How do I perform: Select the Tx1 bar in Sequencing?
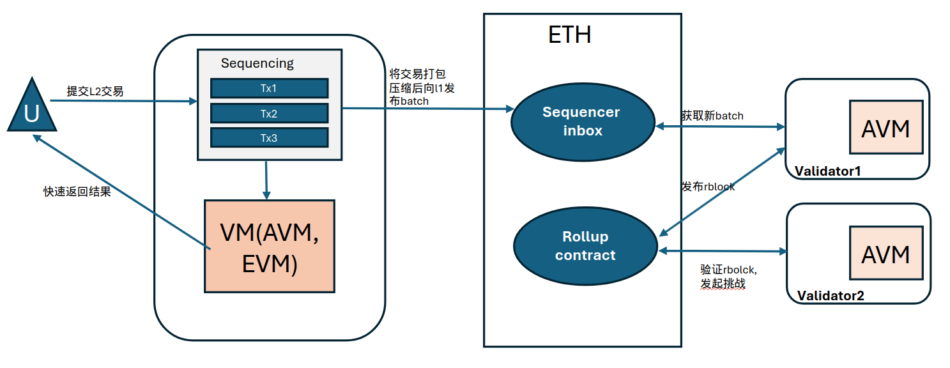click(x=269, y=88)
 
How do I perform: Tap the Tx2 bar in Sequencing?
click(x=269, y=113)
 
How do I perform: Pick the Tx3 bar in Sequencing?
click(x=269, y=137)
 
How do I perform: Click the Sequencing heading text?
click(x=257, y=63)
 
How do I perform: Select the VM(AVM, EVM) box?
click(x=270, y=246)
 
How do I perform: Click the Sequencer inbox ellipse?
click(x=582, y=121)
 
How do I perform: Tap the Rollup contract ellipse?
click(x=585, y=246)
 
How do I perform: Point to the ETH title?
click(x=569, y=34)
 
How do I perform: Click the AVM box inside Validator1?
click(x=885, y=127)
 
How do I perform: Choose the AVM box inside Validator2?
click(x=885, y=253)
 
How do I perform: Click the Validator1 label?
click(x=829, y=171)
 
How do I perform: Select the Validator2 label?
click(x=831, y=296)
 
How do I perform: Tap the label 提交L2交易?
click(x=95, y=91)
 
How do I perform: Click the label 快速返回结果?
click(x=77, y=192)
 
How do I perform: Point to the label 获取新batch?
click(x=712, y=116)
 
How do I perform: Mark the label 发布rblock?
click(x=708, y=187)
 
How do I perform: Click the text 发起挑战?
click(x=723, y=284)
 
